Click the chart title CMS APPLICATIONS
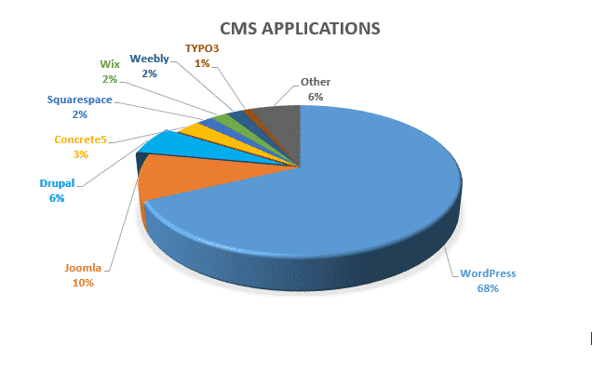(x=300, y=29)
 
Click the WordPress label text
(x=488, y=273)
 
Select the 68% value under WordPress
(x=488, y=288)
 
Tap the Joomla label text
(x=83, y=268)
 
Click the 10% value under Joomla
(x=83, y=283)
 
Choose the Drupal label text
(x=57, y=183)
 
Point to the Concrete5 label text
(x=81, y=139)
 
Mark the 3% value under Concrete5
(x=81, y=154)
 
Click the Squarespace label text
(x=80, y=100)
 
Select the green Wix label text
(x=110, y=64)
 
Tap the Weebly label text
(x=150, y=59)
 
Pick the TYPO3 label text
(x=202, y=48)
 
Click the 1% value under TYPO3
(x=202, y=63)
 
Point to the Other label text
(x=316, y=82)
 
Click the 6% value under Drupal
(x=57, y=198)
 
